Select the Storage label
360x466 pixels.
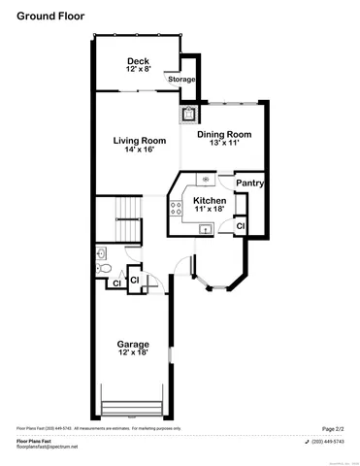tap(180, 79)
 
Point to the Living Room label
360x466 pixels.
tap(139, 140)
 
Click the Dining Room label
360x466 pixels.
tap(224, 134)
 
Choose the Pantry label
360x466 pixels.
tap(250, 183)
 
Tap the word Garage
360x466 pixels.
tap(133, 344)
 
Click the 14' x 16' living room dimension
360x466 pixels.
tap(139, 150)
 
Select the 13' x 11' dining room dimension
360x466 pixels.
tap(224, 144)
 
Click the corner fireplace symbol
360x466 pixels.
tap(187, 114)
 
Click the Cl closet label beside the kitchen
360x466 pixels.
tap(241, 225)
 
